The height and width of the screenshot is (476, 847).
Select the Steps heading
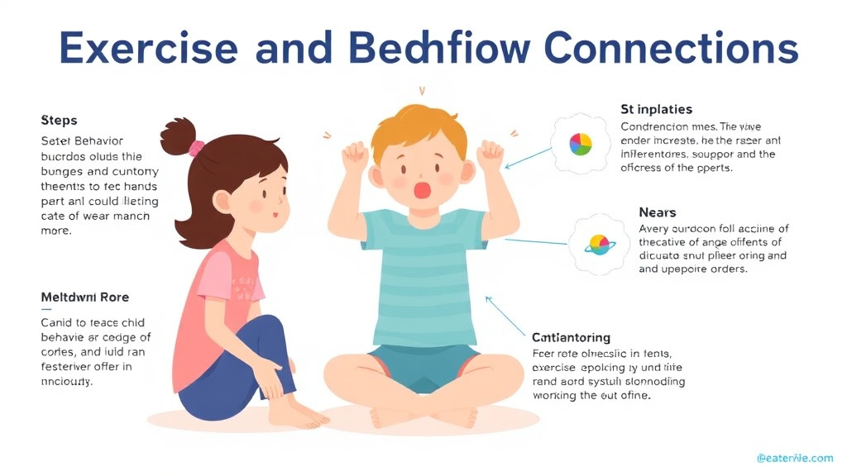pyautogui.click(x=59, y=121)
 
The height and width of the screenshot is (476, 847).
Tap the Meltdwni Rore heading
pyautogui.click(x=85, y=297)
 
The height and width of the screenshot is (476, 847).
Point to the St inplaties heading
pyautogui.click(x=656, y=109)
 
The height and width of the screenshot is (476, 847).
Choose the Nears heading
pyautogui.click(x=658, y=212)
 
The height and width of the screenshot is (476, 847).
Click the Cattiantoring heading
pyautogui.click(x=572, y=337)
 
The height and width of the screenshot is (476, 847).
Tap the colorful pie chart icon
pyautogui.click(x=581, y=145)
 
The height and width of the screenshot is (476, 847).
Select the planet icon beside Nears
pyautogui.click(x=598, y=244)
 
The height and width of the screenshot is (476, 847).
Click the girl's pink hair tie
pyautogui.click(x=196, y=149)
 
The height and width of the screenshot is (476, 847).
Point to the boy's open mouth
pyautogui.click(x=423, y=190)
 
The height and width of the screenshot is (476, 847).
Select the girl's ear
pyautogui.click(x=223, y=201)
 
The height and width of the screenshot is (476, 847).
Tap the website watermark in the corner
pyautogui.click(x=794, y=457)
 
